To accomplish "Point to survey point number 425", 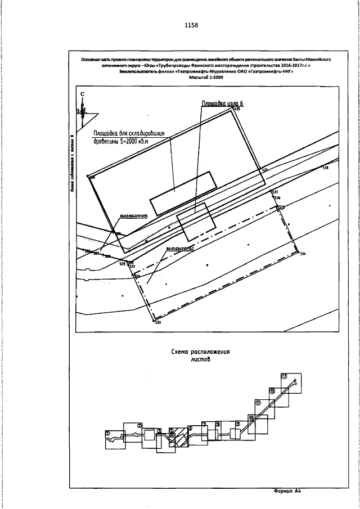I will point(237,109).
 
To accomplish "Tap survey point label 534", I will point(303,255).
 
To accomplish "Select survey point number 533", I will point(157,322).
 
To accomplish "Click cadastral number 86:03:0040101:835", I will point(133,215).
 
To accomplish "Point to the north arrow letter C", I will point(83,94).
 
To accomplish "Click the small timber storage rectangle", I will point(183,192).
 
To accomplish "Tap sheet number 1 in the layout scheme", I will point(107,433).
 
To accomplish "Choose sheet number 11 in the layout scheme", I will point(258,403).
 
